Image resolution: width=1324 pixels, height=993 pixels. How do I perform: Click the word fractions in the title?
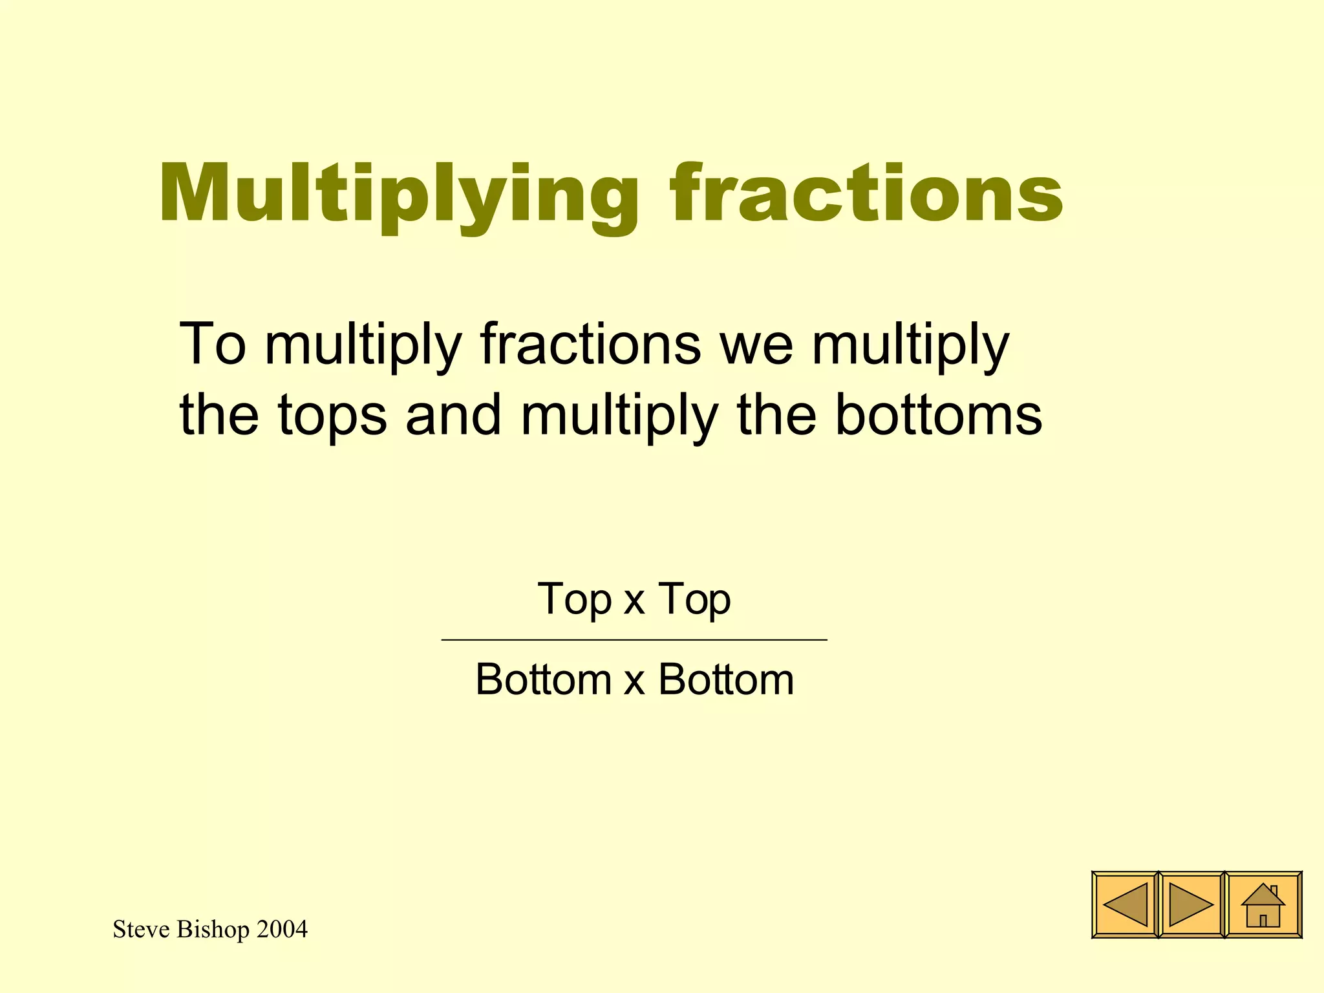[866, 194]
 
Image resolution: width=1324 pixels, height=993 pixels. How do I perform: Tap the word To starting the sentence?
[213, 344]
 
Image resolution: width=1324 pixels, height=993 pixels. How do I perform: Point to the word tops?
[332, 415]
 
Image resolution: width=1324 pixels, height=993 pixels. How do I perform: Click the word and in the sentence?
[453, 415]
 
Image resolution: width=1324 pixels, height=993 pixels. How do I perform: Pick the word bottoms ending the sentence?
[939, 415]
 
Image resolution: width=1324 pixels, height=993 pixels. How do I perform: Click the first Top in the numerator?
[574, 600]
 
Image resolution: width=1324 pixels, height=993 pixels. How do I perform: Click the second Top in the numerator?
[695, 600]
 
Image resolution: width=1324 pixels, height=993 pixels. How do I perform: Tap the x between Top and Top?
[634, 601]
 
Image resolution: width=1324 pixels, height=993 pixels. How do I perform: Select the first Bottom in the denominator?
[544, 680]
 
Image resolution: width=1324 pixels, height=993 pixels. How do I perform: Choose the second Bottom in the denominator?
[726, 680]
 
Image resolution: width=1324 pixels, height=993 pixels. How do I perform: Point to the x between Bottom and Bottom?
[634, 682]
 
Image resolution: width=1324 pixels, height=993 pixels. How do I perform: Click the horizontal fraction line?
[634, 639]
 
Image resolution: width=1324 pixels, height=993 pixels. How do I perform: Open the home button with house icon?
[1263, 905]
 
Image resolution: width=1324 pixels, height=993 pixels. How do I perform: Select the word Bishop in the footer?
[213, 930]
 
